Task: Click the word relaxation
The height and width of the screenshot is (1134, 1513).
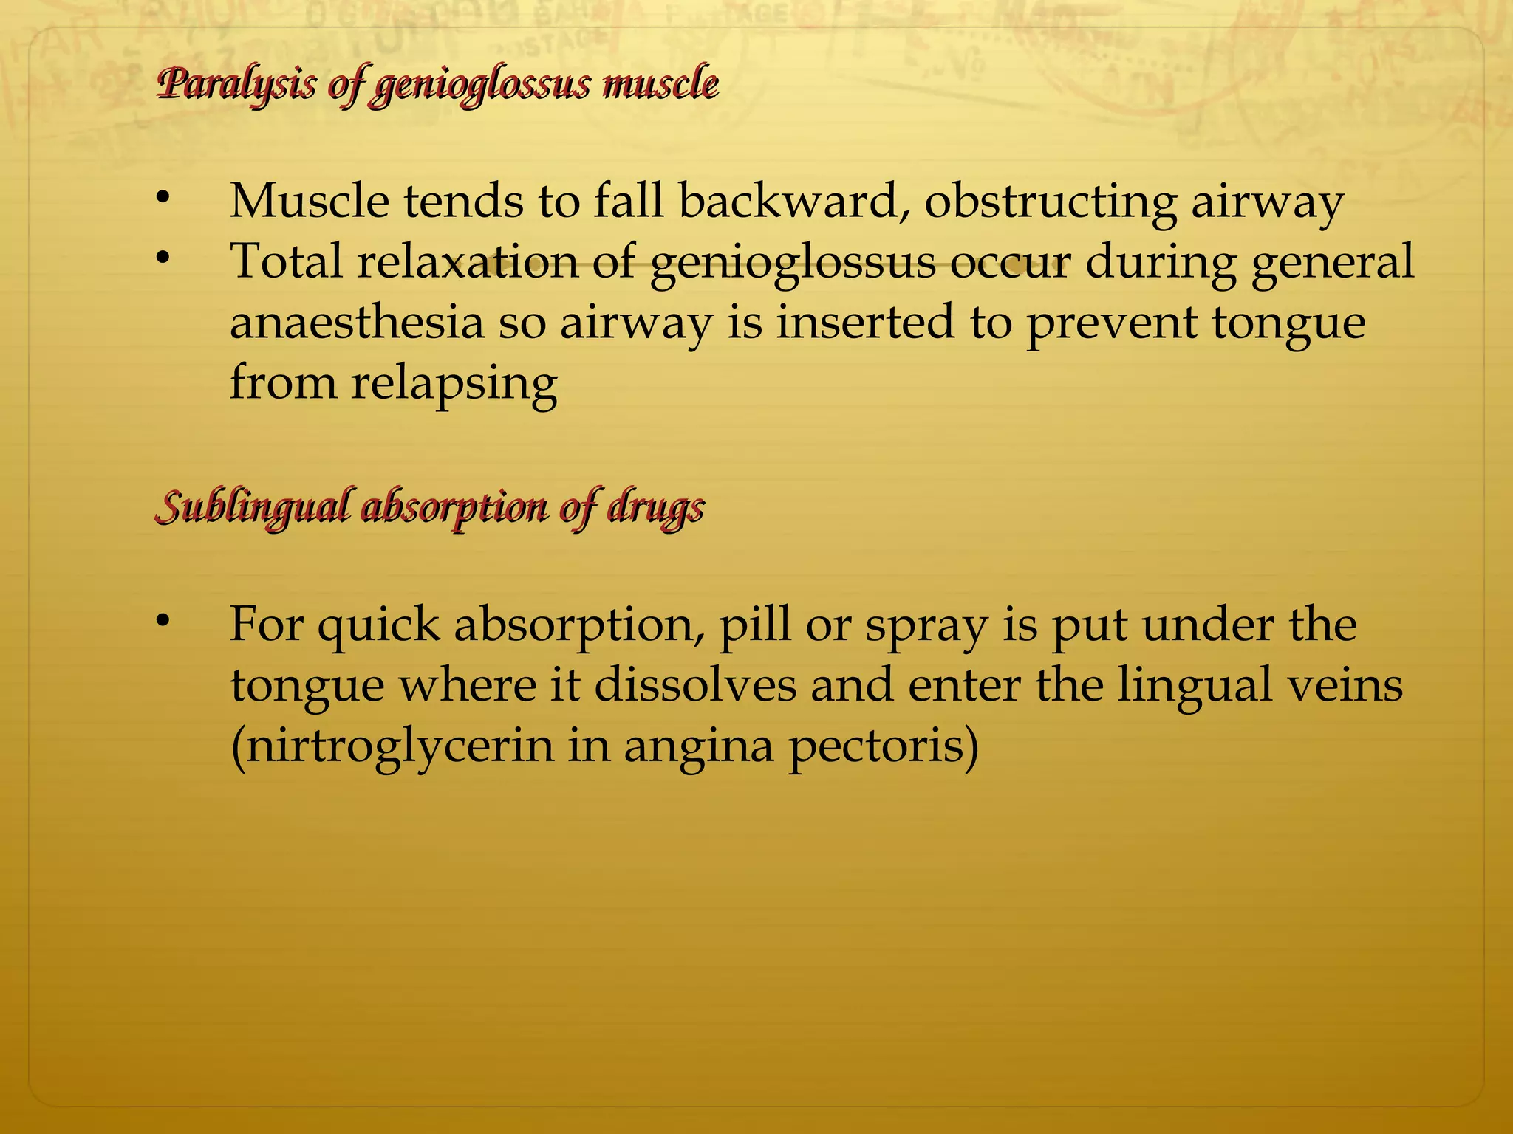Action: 468,261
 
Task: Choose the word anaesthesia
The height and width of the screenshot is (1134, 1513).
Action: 356,323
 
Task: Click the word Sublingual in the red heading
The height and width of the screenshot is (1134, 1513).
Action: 250,508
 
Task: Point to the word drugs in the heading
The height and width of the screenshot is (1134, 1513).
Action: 655,508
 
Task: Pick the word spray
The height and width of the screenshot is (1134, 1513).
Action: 926,625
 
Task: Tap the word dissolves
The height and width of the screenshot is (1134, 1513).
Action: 695,685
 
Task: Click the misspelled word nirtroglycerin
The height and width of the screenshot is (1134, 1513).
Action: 392,746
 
